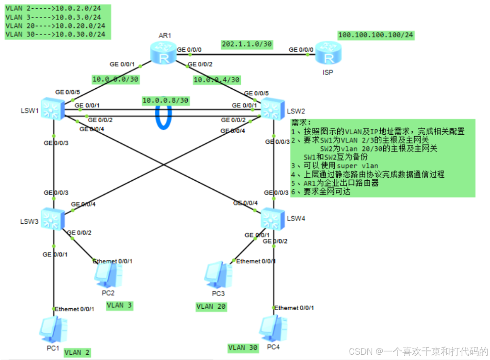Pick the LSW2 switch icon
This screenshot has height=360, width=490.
272,109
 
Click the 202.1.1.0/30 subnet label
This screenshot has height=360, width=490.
247,44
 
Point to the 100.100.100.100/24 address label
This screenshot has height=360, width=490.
376,35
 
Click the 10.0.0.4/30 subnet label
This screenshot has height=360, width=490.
217,80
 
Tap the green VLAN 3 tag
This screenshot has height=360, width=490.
119,305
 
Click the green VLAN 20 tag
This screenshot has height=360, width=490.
211,306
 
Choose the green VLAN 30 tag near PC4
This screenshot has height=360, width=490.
243,348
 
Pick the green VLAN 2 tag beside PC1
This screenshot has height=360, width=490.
77,352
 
